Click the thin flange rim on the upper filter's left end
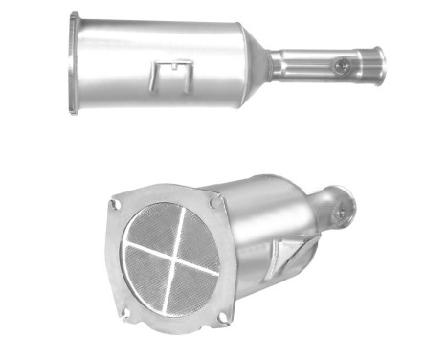74,63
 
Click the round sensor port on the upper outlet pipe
341,65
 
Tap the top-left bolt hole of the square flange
116,204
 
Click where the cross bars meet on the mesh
171,256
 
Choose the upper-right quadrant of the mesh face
192,233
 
